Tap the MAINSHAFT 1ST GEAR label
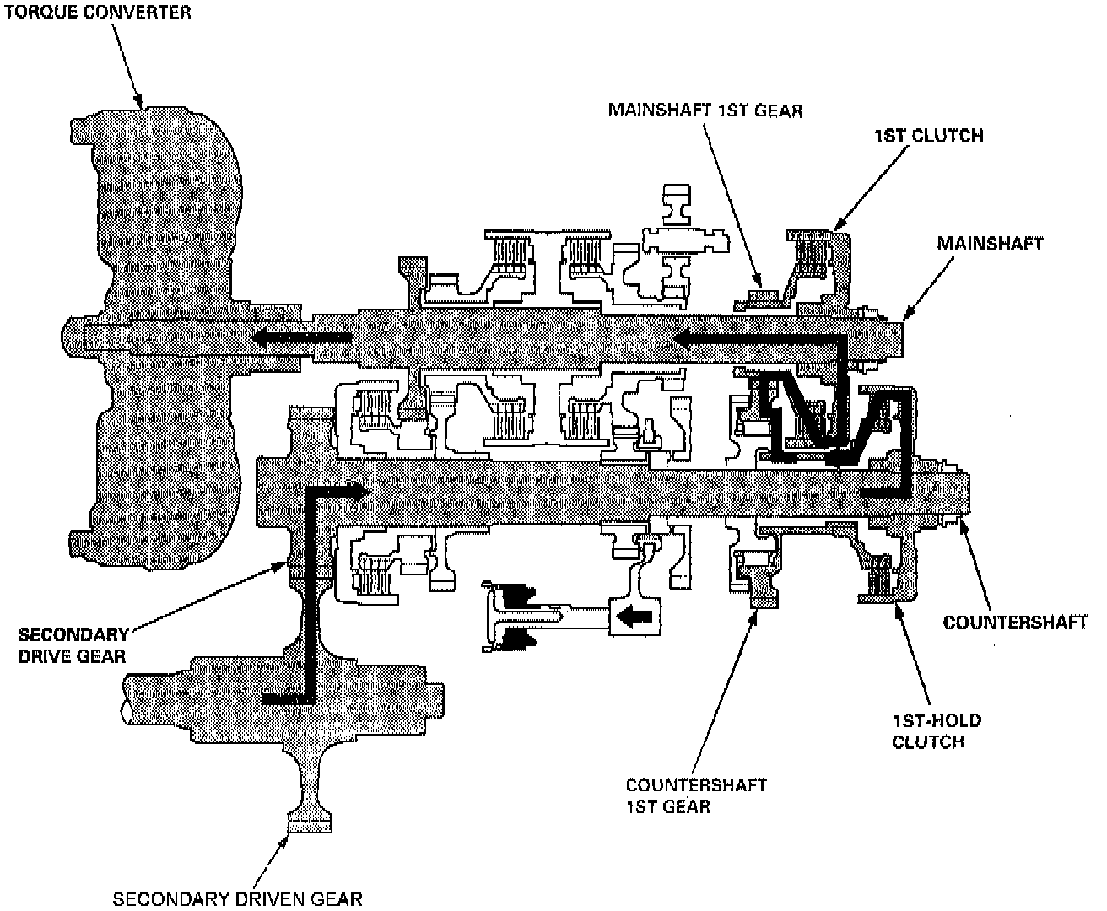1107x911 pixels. [x=705, y=110]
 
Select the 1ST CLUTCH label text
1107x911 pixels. [x=930, y=135]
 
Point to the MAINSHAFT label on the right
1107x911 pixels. [x=990, y=243]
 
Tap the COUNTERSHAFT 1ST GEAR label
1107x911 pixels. [x=696, y=795]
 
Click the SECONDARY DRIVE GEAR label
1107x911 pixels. [x=73, y=645]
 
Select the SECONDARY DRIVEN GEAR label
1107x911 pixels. [x=238, y=898]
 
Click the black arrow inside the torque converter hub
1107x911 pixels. [x=300, y=338]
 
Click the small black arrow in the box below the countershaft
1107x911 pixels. [x=634, y=617]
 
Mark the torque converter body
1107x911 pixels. [x=160, y=211]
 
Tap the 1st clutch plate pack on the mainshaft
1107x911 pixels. [x=813, y=258]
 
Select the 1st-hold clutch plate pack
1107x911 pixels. [x=882, y=580]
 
